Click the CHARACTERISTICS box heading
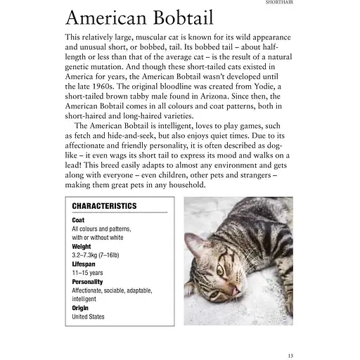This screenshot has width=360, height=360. tap(104, 206)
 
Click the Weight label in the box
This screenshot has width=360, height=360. tap(82, 247)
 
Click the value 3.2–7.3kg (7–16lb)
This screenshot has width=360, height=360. tap(96, 255)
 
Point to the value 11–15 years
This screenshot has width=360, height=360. tap(89, 273)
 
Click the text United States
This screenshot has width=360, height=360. tap(89, 316)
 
